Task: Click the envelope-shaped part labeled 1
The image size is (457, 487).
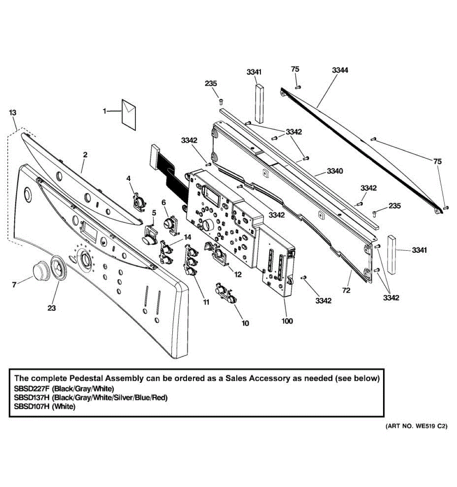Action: [128, 112]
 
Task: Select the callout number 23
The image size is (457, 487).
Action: [52, 308]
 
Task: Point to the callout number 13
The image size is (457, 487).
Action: [13, 112]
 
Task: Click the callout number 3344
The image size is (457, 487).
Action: [340, 70]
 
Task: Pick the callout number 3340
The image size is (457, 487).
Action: [335, 171]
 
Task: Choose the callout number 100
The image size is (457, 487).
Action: [287, 321]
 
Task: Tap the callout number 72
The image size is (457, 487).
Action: [346, 290]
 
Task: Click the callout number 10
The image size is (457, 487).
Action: [245, 323]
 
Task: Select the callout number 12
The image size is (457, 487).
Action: [238, 274]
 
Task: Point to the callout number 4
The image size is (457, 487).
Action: [128, 178]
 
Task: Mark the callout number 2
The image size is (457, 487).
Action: [85, 155]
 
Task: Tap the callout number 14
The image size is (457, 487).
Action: [187, 237]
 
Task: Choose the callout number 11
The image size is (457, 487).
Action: [207, 302]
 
